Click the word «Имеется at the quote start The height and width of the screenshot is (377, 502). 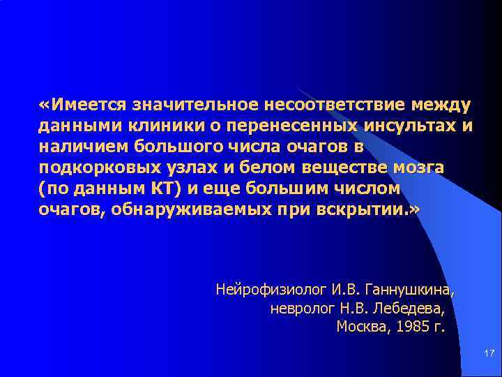click(83, 105)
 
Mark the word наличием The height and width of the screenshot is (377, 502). click(79, 147)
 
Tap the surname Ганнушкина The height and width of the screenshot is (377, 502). click(409, 288)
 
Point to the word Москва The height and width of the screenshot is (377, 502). click(361, 325)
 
